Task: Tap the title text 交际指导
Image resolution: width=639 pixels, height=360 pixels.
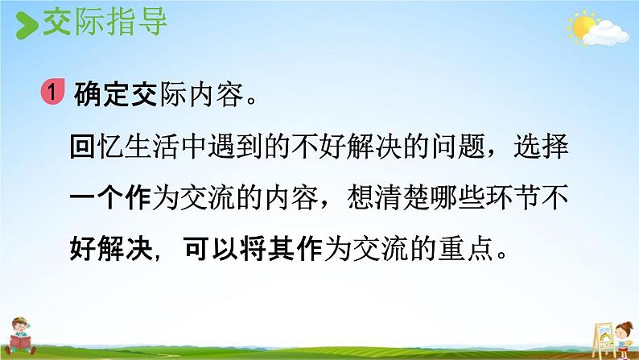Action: [x=105, y=23]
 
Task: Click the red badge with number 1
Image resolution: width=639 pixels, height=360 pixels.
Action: [x=52, y=91]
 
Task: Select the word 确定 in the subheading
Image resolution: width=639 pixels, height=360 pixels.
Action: [x=102, y=94]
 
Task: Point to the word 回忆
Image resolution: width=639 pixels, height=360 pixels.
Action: [x=97, y=146]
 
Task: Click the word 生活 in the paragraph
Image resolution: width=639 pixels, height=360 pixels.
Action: [x=152, y=146]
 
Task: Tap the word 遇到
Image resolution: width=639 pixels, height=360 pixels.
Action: [x=235, y=146]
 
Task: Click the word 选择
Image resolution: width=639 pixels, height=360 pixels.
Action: [x=541, y=146]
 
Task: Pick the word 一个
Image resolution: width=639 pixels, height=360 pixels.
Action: [x=97, y=198]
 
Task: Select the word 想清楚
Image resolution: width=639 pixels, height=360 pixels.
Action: [x=389, y=198]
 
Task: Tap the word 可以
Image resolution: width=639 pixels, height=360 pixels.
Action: [x=211, y=248]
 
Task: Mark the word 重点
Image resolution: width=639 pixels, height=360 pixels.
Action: [x=465, y=248]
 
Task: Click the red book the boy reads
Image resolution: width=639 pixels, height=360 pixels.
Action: [x=19, y=341]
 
